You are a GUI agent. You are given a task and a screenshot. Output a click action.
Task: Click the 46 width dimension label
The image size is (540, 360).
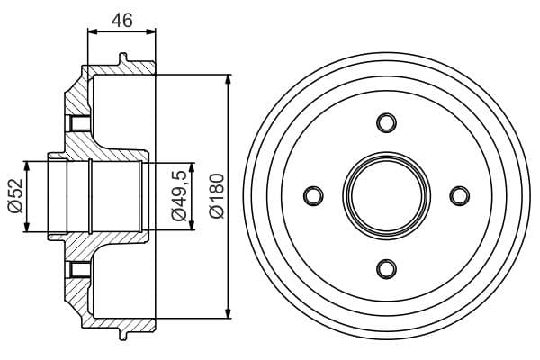click(121, 21)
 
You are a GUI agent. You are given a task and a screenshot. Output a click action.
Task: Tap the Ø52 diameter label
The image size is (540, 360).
click(15, 196)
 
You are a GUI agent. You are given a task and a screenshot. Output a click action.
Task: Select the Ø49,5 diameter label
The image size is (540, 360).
click(179, 195)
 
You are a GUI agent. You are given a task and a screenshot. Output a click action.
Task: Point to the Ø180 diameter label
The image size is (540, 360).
click(217, 195)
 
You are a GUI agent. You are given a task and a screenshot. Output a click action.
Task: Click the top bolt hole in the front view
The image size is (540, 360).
click(386, 122)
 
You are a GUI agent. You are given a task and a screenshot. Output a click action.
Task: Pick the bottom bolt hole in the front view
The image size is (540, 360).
click(386, 269)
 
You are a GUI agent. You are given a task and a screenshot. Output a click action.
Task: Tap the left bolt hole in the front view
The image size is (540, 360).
click(313, 195)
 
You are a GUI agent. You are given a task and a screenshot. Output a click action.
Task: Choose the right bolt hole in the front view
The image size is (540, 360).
click(460, 195)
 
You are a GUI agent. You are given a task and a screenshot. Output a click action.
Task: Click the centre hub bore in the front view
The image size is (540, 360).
click(386, 195)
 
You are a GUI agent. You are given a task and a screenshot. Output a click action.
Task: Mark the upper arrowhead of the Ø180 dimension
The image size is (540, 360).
click(228, 79)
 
